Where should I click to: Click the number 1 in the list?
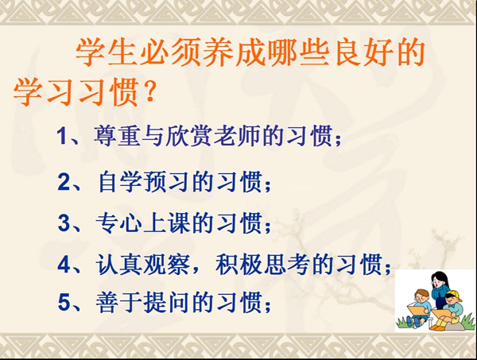pos(63,136)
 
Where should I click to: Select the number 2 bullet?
pos(64,182)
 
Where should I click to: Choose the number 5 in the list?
pos(64,303)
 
